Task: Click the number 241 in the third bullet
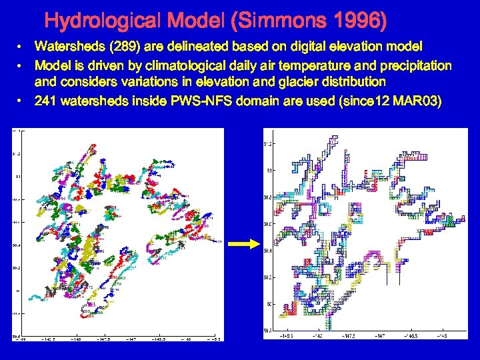pos(45,101)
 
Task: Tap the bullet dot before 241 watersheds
pos(22,101)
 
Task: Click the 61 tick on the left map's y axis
pos(18,177)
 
